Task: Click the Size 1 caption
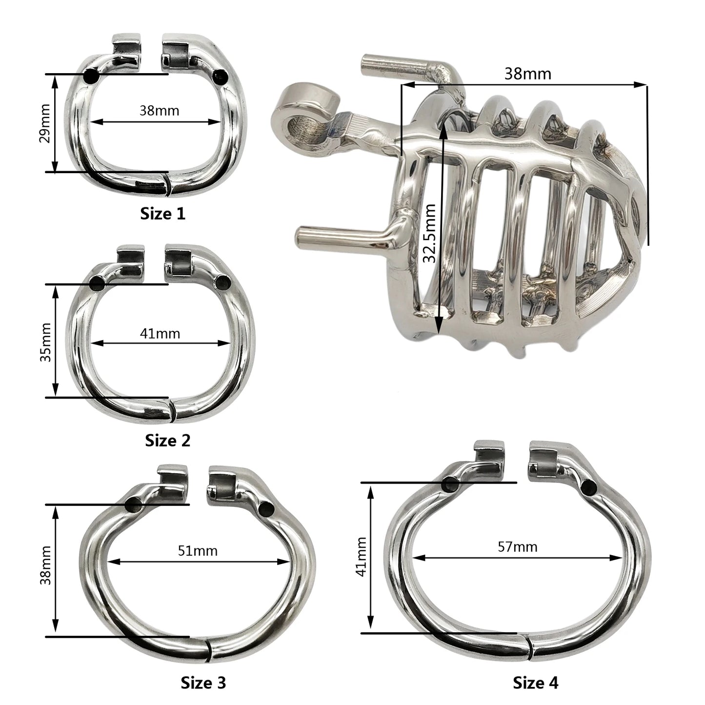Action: pyautogui.click(x=163, y=214)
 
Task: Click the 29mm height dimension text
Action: pyautogui.click(x=45, y=123)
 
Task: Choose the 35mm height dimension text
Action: pyautogui.click(x=45, y=342)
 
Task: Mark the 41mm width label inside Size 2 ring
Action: pyautogui.click(x=160, y=334)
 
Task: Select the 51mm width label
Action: pyautogui.click(x=198, y=551)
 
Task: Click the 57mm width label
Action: pyautogui.click(x=518, y=546)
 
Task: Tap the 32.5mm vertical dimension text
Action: pyautogui.click(x=429, y=233)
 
